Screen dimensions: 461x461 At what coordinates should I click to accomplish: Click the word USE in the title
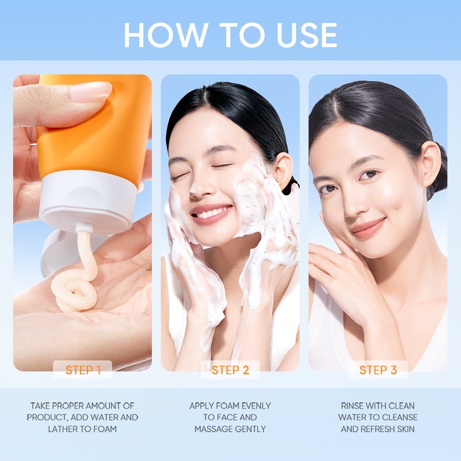point(306,35)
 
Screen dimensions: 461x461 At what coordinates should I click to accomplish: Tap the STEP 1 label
point(83,370)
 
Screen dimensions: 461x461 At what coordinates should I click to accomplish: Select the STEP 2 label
point(230,370)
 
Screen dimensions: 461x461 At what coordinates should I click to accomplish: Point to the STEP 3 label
point(378,370)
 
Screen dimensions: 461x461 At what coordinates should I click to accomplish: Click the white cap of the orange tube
point(88,200)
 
